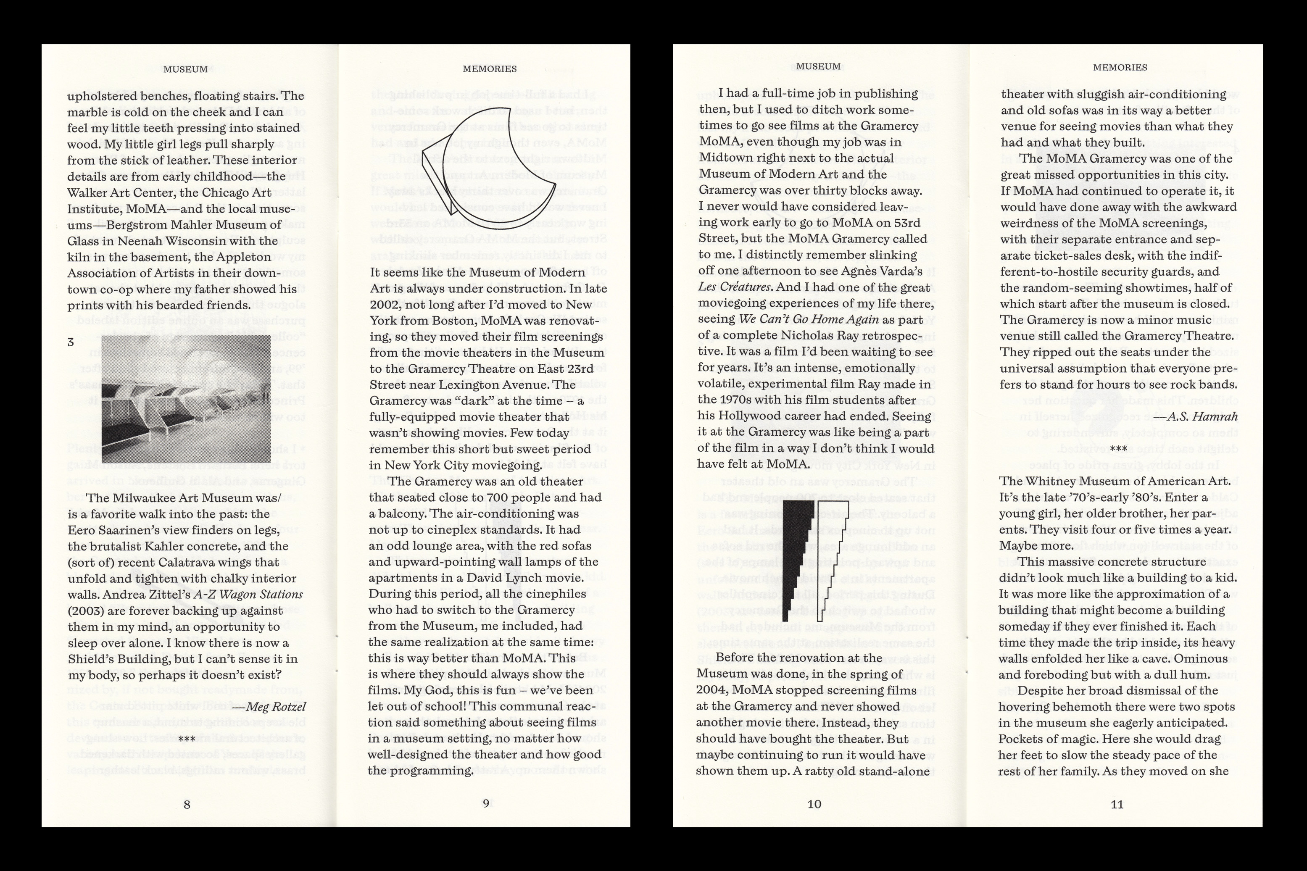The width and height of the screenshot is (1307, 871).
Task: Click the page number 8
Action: [187, 804]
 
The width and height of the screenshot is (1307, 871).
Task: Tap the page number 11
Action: [1117, 804]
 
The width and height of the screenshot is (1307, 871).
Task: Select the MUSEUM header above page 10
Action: [818, 67]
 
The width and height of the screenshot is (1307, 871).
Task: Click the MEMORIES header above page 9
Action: [489, 69]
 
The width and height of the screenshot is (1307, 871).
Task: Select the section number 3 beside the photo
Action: [71, 342]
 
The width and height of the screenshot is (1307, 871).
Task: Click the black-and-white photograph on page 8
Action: [186, 398]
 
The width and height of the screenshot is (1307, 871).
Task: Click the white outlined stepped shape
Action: [830, 561]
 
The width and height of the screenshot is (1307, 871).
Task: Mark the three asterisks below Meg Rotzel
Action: [187, 739]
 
